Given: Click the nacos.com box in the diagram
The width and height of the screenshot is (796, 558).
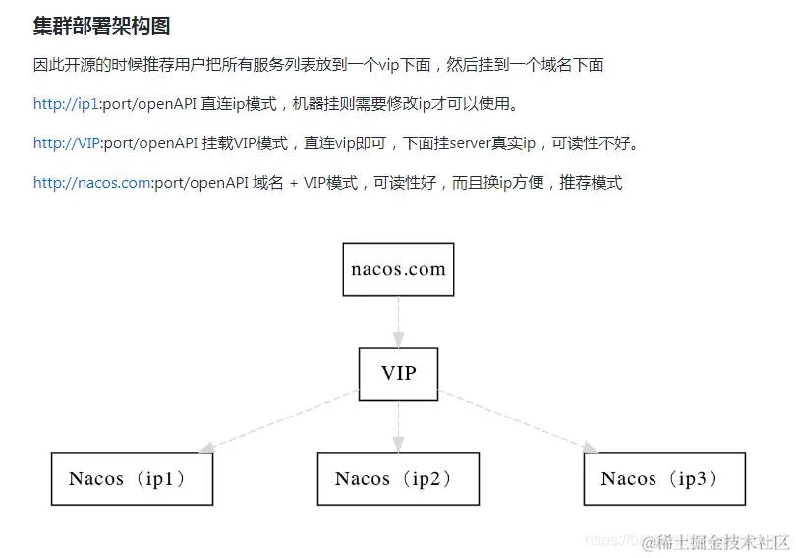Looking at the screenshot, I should click(398, 269).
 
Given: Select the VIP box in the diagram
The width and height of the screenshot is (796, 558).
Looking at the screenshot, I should click(398, 373).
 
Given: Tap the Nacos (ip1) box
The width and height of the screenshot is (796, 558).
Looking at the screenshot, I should click(132, 479).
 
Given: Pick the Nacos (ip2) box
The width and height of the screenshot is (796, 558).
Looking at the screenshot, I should click(398, 479).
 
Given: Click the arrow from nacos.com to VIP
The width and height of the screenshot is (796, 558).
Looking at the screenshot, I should click(398, 321).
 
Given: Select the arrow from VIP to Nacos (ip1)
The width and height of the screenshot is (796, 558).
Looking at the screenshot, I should click(280, 422).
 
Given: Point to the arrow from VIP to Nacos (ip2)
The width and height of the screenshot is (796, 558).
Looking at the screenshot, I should click(398, 426).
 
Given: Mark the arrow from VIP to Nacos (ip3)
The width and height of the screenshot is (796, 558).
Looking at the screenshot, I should click(516, 422).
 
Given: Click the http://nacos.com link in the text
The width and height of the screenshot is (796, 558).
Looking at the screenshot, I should click(91, 183).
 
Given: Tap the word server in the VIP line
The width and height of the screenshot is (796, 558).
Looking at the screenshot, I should click(470, 143).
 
